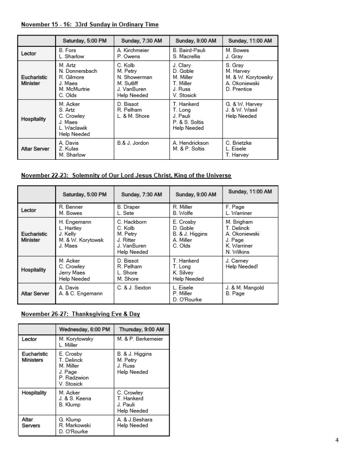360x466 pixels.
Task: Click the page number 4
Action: coord(337,440)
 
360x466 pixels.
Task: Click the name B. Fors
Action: coord(67,51)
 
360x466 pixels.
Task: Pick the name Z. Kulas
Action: coord(69,149)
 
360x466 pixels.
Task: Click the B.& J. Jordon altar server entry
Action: coord(133,143)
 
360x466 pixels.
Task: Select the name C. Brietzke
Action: coord(238,143)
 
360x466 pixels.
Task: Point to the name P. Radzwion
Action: coord(74,378)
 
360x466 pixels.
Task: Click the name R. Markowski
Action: coord(75,425)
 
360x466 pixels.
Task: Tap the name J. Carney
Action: coord(237,261)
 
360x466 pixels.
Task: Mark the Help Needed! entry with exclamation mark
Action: coord(242,267)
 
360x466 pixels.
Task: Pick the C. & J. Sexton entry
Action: coord(134,288)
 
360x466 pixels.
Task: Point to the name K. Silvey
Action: coord(183,273)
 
